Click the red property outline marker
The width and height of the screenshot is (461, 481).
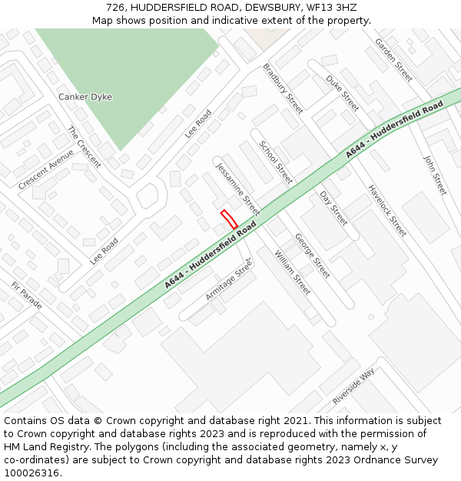click(229, 219)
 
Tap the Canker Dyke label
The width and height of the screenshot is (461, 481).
click(85, 97)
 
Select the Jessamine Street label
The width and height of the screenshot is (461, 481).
click(237, 189)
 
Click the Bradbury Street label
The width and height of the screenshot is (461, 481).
click(284, 89)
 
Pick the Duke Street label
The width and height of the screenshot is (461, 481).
click(343, 93)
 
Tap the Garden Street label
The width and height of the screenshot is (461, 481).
click(393, 59)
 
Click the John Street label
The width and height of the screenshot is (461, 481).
click(435, 175)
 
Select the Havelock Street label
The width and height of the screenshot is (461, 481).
click(386, 210)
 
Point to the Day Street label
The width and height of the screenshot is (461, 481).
click(333, 208)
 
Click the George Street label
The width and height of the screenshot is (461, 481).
click(313, 256)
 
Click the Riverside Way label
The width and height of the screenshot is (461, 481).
click(353, 386)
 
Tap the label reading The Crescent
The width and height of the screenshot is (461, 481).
click(85, 146)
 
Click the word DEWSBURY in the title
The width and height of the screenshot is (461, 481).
click(273, 8)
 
